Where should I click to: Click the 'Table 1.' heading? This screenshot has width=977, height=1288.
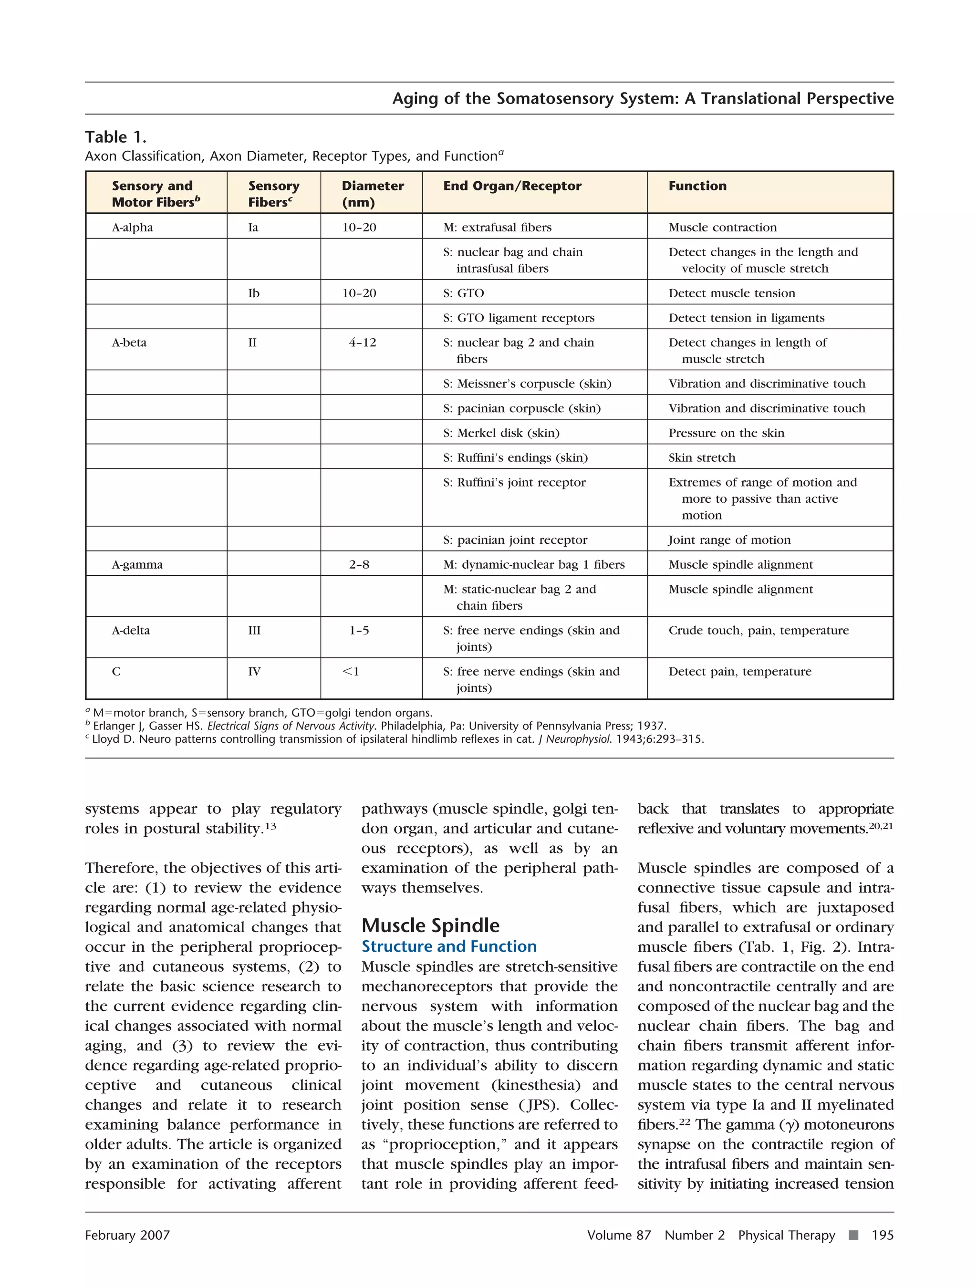115,137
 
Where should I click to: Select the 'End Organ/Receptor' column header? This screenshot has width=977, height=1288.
512,186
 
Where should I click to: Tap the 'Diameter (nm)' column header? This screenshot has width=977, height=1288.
372,193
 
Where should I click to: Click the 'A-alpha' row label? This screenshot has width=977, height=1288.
132,227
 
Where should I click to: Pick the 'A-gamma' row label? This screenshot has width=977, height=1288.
137,564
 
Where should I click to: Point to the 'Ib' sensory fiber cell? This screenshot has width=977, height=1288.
253,293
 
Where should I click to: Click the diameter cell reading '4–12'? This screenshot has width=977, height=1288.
362,343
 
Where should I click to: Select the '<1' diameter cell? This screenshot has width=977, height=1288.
351,671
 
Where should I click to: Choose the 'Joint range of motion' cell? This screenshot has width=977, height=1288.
729,540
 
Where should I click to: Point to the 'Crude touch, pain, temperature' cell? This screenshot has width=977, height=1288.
758,630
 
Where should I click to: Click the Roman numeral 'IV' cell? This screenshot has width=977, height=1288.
254,671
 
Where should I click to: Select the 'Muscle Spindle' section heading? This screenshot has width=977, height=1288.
430,925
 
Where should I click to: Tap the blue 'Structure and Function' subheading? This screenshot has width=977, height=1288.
448,946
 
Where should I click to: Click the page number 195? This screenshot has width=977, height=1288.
882,1235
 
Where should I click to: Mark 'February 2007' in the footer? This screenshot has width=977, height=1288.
127,1235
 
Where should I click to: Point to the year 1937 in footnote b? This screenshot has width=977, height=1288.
652,726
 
